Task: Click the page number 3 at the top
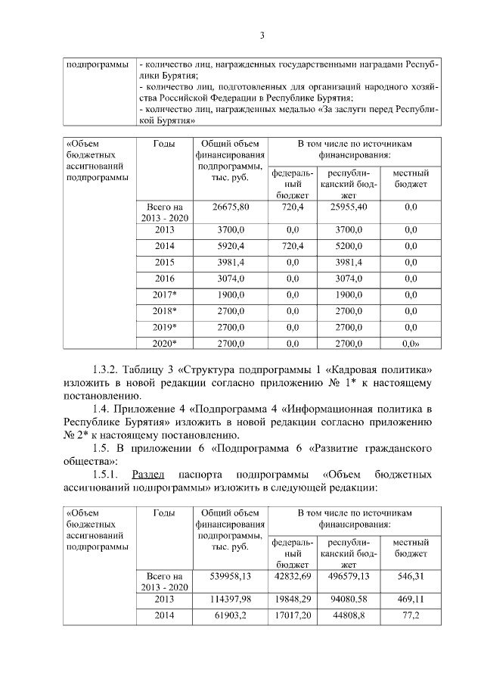[262, 35]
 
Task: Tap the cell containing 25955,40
[348, 207]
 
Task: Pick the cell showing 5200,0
[348, 246]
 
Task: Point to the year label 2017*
[165, 294]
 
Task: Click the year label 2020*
[165, 344]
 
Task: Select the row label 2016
[165, 279]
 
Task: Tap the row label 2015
[165, 262]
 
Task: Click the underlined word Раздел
[148, 475]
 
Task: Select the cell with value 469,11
[411, 599]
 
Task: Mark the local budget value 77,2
[411, 616]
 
